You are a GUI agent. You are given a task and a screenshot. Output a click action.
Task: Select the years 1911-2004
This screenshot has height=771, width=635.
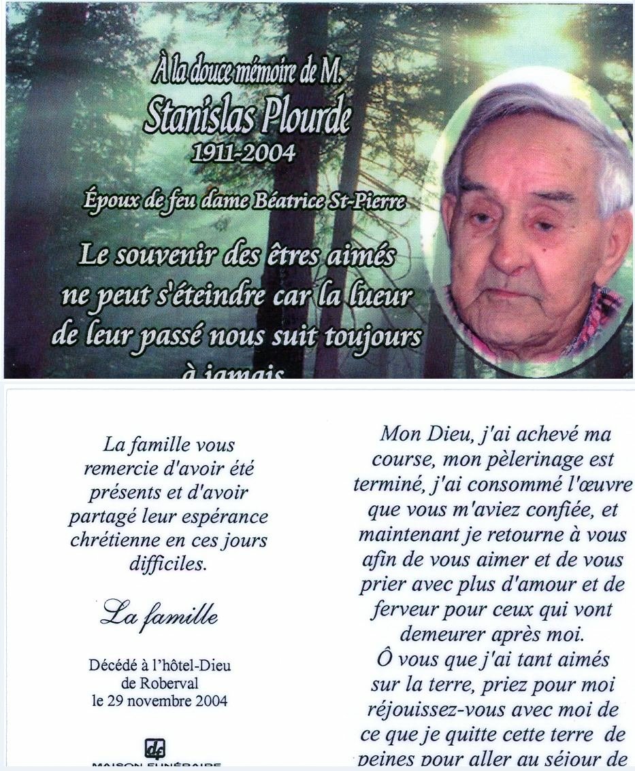244,153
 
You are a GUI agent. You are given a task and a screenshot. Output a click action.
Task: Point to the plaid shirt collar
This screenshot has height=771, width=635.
602,313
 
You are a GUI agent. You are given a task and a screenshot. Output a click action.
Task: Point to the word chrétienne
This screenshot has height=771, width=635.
121,541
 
